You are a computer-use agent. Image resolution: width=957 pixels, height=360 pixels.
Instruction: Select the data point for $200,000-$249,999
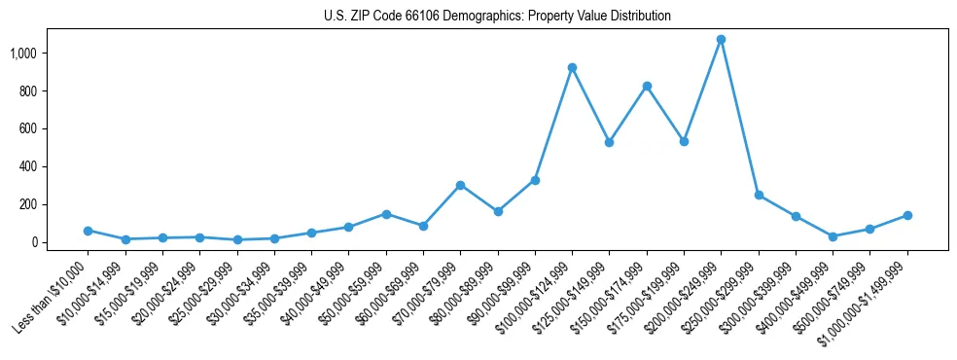(x=721, y=40)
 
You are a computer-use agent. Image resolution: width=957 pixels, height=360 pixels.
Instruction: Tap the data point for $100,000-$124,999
(x=572, y=67)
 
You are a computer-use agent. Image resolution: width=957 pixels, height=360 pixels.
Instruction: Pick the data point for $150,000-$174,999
(x=647, y=87)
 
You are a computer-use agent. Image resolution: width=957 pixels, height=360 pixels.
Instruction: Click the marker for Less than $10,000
(x=88, y=231)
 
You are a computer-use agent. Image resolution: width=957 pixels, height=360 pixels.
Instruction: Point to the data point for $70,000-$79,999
(x=460, y=185)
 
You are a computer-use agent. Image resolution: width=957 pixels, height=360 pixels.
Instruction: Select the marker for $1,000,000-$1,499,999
(x=907, y=215)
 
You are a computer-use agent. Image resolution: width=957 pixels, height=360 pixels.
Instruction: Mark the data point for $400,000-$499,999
(x=833, y=236)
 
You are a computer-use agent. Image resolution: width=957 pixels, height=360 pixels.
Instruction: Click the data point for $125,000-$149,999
(x=609, y=142)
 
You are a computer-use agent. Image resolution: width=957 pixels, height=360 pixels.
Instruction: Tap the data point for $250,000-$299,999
(x=759, y=195)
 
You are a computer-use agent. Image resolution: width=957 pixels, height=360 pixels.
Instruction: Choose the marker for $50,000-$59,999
(x=386, y=214)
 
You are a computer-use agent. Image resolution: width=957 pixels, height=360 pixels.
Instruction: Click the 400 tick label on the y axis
(x=28, y=166)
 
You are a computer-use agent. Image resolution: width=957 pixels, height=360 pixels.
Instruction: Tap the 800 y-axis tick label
(x=28, y=90)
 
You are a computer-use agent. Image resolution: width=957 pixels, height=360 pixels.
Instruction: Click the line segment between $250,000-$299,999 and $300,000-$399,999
(x=777, y=205)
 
